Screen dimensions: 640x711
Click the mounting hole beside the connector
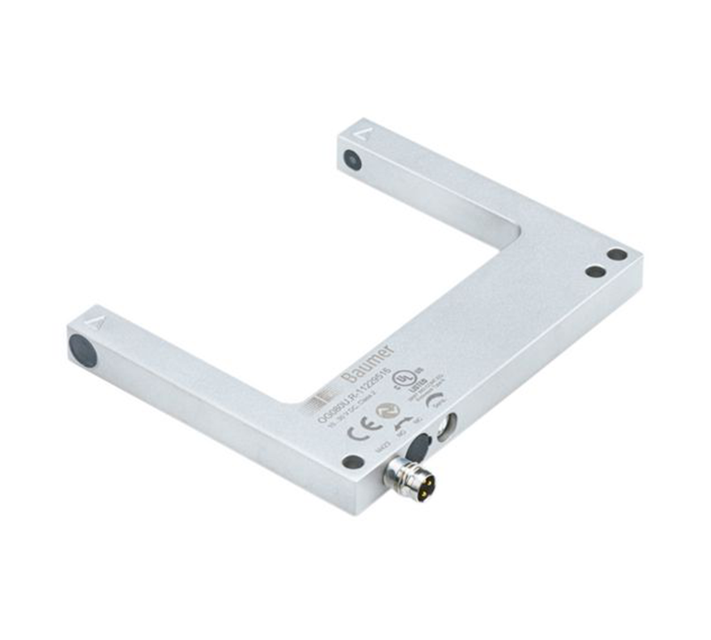[353, 461]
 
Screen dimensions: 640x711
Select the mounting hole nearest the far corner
[618, 254]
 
